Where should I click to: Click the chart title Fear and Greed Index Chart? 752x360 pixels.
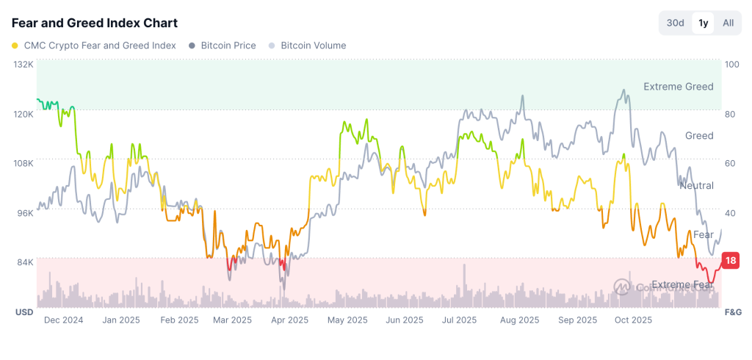(x=94, y=24)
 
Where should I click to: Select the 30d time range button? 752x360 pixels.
(x=675, y=23)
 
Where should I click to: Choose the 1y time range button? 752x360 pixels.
(x=703, y=23)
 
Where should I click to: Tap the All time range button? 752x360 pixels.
(x=728, y=23)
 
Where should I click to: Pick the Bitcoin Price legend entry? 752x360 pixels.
(x=223, y=46)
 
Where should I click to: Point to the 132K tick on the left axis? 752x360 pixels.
(x=24, y=65)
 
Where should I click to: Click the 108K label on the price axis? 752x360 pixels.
(x=24, y=163)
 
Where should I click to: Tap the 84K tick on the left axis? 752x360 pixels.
(x=26, y=262)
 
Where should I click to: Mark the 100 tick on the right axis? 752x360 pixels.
(x=731, y=65)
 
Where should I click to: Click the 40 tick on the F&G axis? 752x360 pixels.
(x=730, y=213)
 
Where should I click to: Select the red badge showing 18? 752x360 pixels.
(x=731, y=260)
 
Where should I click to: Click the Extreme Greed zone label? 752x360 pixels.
(x=678, y=87)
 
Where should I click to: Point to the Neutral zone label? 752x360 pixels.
(x=696, y=185)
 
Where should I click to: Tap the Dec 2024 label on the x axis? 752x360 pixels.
(x=63, y=320)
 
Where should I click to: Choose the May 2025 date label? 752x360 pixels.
(x=347, y=320)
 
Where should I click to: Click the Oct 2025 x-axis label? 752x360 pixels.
(x=633, y=320)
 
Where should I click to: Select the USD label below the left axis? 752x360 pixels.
(x=24, y=312)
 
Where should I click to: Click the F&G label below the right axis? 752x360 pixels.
(x=733, y=312)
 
